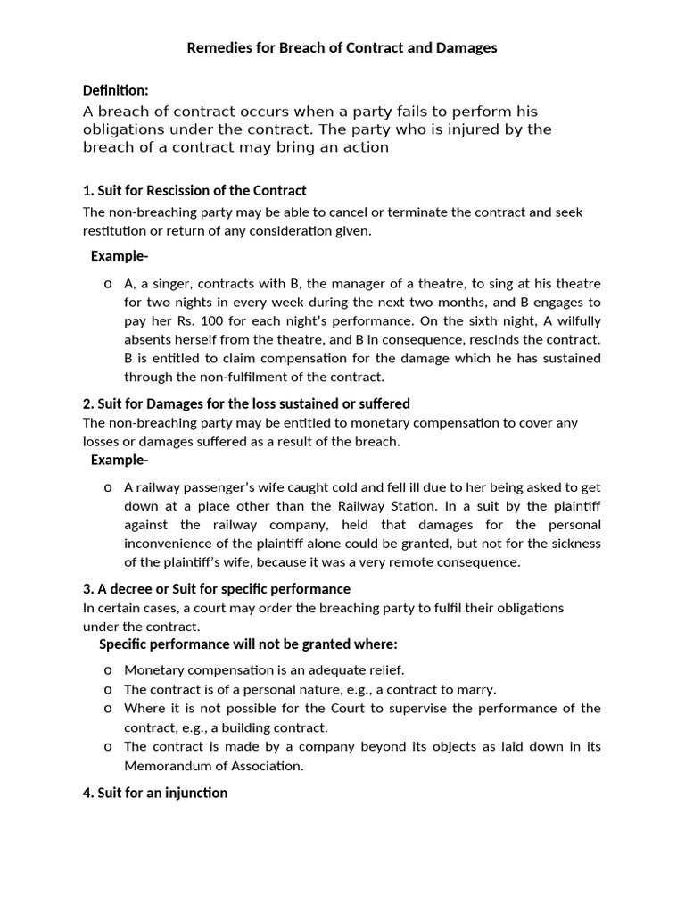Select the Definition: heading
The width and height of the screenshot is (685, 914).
pyautogui.click(x=116, y=90)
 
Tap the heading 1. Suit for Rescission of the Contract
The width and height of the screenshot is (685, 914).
pyautogui.click(x=194, y=190)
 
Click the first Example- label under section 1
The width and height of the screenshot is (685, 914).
pyautogui.click(x=120, y=256)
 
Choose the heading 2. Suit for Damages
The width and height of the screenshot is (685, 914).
pyautogui.click(x=246, y=403)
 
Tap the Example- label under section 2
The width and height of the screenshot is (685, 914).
pyautogui.click(x=120, y=460)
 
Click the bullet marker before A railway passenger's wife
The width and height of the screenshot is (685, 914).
pyautogui.click(x=107, y=487)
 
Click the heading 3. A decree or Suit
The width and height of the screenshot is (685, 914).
pyautogui.click(x=217, y=589)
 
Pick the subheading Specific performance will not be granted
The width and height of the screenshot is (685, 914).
pyautogui.click(x=248, y=644)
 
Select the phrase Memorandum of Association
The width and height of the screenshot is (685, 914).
pyautogui.click(x=213, y=765)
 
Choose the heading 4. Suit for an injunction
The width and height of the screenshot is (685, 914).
pyautogui.click(x=155, y=793)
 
